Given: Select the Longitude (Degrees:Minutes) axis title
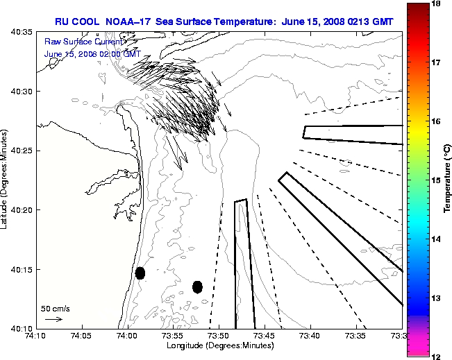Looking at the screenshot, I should pyautogui.click(x=219, y=345).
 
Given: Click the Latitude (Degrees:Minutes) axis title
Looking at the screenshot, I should pyautogui.click(x=6, y=180).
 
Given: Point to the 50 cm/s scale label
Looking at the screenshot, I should pyautogui.click(x=55, y=309).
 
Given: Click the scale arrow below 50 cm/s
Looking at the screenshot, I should pyautogui.click(x=53, y=319).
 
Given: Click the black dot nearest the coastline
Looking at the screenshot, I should pyautogui.click(x=140, y=273).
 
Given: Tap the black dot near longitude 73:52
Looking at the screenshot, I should pyautogui.click(x=197, y=286).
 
